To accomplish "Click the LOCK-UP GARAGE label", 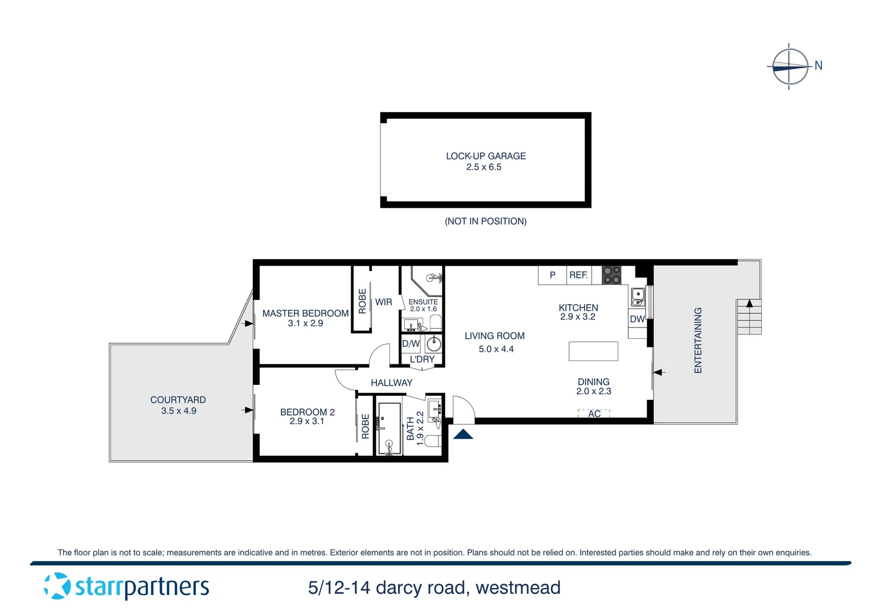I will (485, 156).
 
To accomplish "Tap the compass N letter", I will (818, 65).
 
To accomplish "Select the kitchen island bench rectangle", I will (593, 351).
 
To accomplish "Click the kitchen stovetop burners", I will (611, 275).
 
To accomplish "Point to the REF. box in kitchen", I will (578, 275).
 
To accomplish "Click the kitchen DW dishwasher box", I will (637, 319).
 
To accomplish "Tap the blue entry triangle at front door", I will (463, 434).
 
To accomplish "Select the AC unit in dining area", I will (594, 413).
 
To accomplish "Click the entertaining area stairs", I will (749, 317).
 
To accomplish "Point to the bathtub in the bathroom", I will (389, 429).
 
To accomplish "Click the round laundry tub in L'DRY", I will (434, 344).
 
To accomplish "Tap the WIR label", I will (383, 302).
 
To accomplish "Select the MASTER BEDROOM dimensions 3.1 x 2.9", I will (305, 323).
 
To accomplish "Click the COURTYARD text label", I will (178, 400).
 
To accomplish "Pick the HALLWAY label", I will (391, 383).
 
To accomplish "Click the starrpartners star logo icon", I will (57, 586).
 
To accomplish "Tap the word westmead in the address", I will (518, 588).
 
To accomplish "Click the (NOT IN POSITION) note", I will (485, 222).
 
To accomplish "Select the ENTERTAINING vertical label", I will (698, 340).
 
